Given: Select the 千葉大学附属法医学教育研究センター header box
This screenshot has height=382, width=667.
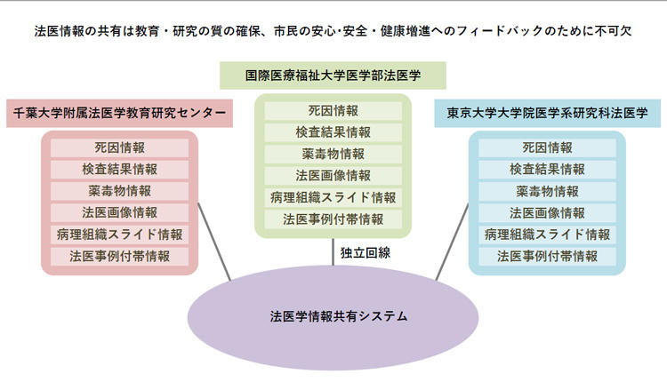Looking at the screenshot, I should tap(119, 114).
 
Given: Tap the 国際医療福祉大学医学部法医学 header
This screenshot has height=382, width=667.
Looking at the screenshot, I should tap(333, 76).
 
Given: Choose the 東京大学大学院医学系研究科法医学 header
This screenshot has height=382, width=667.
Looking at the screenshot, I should tap(547, 114).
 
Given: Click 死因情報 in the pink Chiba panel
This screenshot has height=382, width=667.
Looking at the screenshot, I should tap(119, 147).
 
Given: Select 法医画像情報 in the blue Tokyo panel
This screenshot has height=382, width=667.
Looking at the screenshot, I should tap(547, 212).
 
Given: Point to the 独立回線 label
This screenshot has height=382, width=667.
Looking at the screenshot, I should tap(366, 252).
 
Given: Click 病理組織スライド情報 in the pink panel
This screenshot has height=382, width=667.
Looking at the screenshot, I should tap(119, 235).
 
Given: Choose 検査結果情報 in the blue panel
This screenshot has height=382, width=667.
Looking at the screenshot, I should tap(547, 169).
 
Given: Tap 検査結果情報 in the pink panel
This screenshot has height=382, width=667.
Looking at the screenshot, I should tap(119, 169).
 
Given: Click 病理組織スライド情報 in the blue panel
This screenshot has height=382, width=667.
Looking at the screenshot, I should tap(547, 235).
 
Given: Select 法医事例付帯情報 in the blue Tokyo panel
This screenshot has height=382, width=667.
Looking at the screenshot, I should tap(547, 256).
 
